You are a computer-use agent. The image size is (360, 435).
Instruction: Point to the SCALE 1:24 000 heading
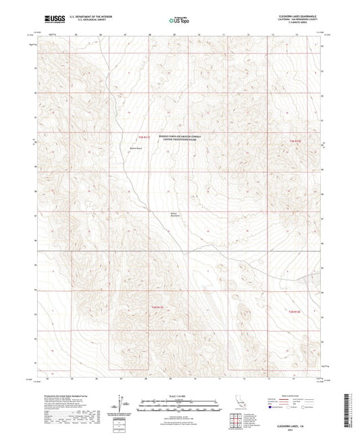(180, 394)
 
